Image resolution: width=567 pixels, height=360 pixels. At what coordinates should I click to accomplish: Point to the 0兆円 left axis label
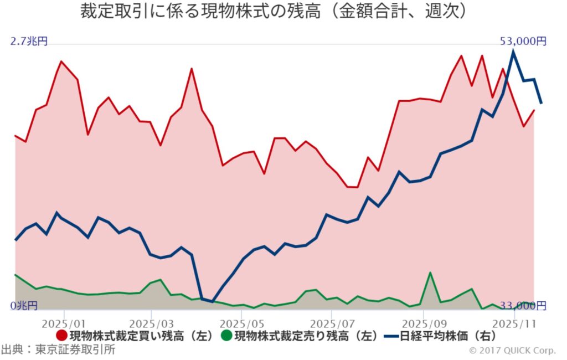click(24, 306)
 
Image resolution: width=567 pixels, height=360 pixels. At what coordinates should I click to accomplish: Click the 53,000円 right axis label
click(523, 41)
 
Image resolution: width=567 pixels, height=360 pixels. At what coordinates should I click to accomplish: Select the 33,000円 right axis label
click(523, 306)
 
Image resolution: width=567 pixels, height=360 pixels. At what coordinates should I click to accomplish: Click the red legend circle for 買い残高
click(62, 336)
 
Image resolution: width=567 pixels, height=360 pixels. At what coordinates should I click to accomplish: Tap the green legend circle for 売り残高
click(226, 336)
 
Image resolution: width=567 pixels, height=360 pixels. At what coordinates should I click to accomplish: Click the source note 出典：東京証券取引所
click(58, 350)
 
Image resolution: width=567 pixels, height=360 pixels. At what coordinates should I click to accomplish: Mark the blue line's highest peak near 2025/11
click(514, 51)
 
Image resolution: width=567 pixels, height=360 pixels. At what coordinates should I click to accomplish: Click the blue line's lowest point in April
click(212, 302)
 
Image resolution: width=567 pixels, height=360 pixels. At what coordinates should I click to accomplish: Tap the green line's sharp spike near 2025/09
click(430, 272)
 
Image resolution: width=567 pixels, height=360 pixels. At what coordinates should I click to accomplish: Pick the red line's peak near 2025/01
click(61, 61)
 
